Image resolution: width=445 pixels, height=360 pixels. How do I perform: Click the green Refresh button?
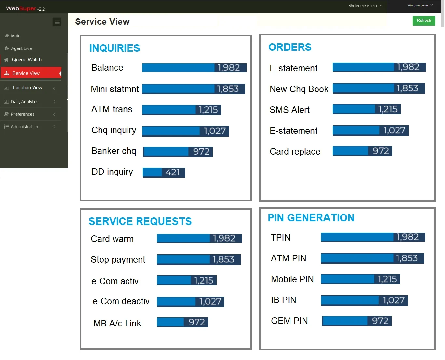coord(424,21)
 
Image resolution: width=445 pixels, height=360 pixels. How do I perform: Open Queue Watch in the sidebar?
coord(27,60)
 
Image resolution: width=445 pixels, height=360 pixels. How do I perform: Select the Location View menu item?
coord(27,88)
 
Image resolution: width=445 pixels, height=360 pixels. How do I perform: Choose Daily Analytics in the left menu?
coord(24,102)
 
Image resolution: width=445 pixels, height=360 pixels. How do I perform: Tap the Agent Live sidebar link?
coord(21,48)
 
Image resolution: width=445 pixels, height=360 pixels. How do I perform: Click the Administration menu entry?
coord(24,127)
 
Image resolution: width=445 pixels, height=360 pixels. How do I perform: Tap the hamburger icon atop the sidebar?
coord(57,22)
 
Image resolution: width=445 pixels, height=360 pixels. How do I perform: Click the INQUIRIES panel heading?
coord(115,48)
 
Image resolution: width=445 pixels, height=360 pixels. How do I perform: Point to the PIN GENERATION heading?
coord(311,218)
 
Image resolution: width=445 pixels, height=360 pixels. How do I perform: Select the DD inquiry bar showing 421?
coord(164,172)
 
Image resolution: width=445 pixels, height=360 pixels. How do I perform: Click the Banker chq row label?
coord(114,151)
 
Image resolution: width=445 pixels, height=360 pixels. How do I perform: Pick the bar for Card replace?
coord(362,151)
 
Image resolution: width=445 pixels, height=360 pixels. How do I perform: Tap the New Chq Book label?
coord(299,89)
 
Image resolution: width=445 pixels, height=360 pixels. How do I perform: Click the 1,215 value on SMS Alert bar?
coord(387,109)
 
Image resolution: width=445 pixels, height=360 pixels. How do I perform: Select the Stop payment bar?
coord(198,259)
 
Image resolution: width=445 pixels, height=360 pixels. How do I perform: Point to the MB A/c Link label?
coord(117,323)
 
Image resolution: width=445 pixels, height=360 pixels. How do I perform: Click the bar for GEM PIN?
coord(356,321)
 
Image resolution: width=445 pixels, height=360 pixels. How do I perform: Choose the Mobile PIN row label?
coord(292,279)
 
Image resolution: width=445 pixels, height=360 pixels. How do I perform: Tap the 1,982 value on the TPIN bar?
coord(407,237)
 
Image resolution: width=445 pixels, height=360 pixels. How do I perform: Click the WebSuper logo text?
coord(21,8)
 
